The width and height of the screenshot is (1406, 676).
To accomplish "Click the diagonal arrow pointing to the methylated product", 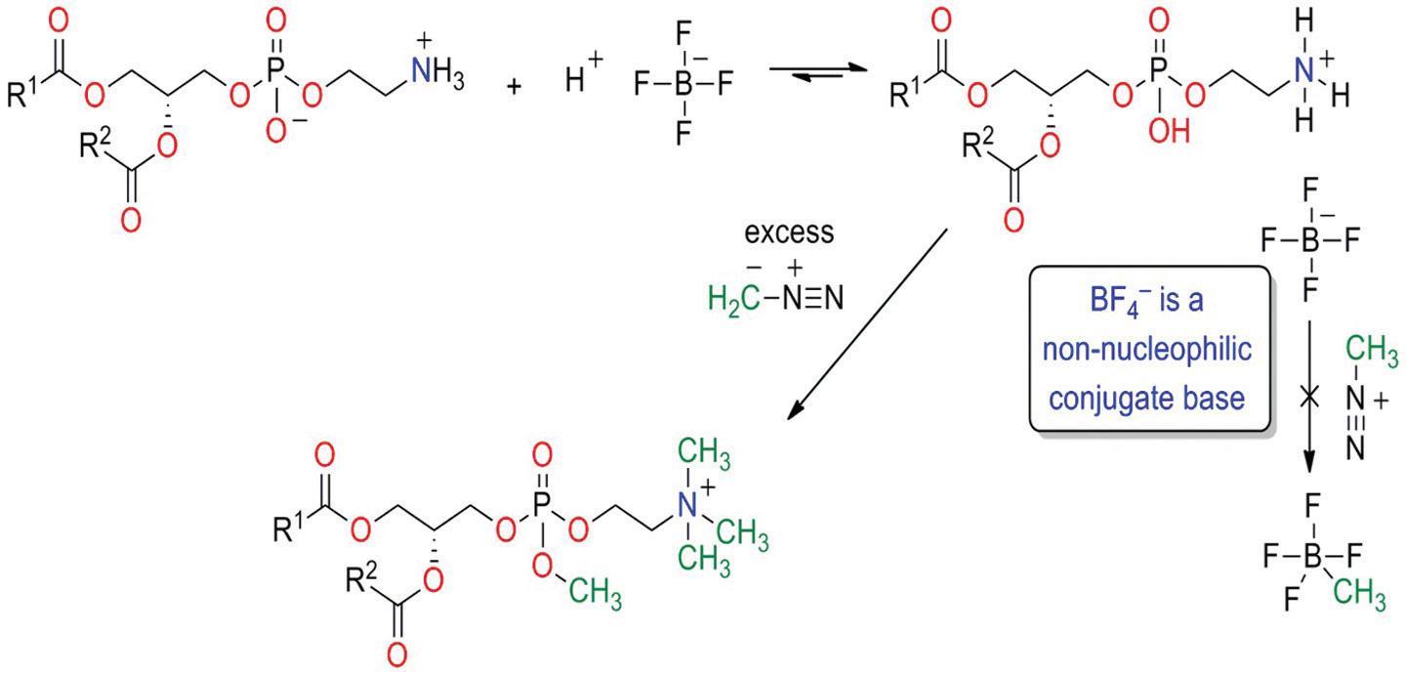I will coord(870,322).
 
